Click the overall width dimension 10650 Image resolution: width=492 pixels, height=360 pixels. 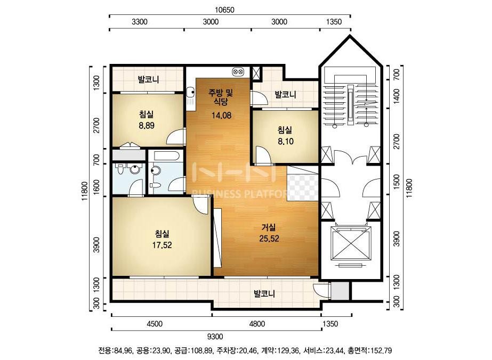tap(224, 10)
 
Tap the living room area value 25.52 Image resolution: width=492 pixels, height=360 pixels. tap(269, 239)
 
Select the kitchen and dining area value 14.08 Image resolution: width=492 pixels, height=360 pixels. tap(221, 116)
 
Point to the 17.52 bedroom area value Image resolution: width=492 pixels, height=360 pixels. tap(162, 245)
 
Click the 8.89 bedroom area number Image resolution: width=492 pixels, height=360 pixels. tap(147, 126)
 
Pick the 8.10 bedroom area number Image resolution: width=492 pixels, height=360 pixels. tap(286, 142)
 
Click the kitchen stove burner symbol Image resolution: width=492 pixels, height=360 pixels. tap(238, 72)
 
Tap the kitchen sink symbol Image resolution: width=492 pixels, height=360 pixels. tap(190, 92)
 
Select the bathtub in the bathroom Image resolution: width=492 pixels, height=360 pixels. tap(164, 156)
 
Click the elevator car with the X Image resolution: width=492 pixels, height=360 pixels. tap(351, 243)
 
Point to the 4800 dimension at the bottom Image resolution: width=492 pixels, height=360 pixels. tap(257, 324)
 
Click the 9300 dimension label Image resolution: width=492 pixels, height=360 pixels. tap(215, 337)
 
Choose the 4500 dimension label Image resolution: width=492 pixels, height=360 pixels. tap(155, 324)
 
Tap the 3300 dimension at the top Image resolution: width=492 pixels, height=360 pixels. tap(140, 22)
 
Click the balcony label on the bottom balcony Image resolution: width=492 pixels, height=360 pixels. tap(264, 294)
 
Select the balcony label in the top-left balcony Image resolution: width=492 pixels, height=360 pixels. tap(148, 79)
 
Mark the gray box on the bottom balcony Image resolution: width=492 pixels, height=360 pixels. tap(340, 291)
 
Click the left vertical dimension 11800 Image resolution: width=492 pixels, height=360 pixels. tap(84, 191)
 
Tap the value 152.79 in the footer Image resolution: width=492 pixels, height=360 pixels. tap(381, 350)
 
